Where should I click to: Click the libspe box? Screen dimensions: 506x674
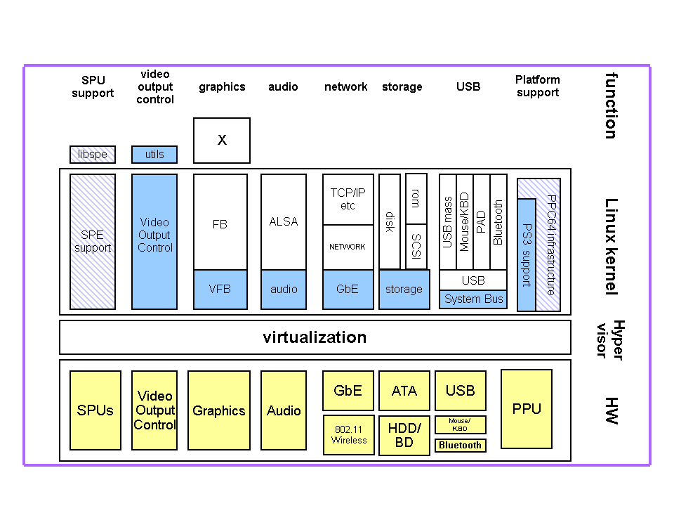point(93,155)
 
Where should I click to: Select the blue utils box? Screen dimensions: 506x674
point(154,155)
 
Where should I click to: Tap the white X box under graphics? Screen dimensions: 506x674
point(222,141)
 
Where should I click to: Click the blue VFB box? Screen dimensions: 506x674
point(220,290)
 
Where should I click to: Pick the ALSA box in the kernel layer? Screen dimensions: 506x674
point(284,221)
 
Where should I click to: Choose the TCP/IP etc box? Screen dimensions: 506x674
point(348,199)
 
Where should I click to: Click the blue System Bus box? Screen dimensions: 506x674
point(473,299)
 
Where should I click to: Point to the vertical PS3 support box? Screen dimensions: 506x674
point(527,254)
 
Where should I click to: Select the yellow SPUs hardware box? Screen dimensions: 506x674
point(95,410)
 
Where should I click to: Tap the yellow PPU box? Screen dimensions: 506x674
point(527,409)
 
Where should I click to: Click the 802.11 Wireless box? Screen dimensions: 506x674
point(348,435)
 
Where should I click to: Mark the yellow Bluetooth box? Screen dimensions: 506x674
point(461,445)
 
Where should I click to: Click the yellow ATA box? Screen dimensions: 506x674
point(404,391)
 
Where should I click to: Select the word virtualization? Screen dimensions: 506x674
point(315,337)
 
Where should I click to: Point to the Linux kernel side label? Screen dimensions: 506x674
point(612,246)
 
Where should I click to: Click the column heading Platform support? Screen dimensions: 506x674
point(537,86)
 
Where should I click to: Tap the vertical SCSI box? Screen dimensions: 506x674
point(416,246)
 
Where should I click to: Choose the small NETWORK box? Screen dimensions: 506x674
point(348,247)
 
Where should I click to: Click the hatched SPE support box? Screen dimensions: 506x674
point(93,242)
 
